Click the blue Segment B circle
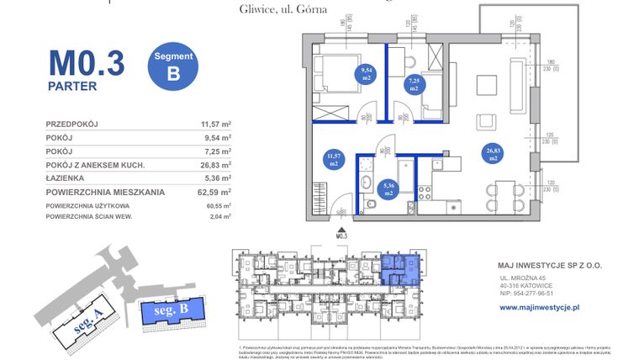(173, 66)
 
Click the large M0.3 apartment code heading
(86, 62)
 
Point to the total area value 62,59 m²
(216, 193)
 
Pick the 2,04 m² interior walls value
(221, 217)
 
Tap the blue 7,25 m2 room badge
(414, 83)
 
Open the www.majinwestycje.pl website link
(540, 308)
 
